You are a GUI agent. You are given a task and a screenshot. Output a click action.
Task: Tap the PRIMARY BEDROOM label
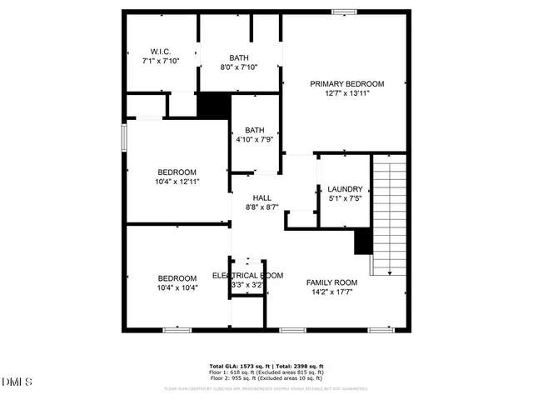tap(347, 83)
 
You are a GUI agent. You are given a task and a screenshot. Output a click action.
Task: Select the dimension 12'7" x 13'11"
tap(347, 93)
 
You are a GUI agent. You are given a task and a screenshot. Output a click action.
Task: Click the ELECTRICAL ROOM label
tap(247, 275)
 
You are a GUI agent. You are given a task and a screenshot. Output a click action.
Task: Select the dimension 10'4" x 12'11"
tap(177, 181)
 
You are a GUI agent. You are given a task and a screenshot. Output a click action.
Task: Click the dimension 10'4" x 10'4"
tap(177, 287)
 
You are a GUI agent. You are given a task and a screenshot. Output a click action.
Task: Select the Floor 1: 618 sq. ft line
tap(266, 372)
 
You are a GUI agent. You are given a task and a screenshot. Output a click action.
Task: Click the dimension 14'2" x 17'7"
tap(331, 292)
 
